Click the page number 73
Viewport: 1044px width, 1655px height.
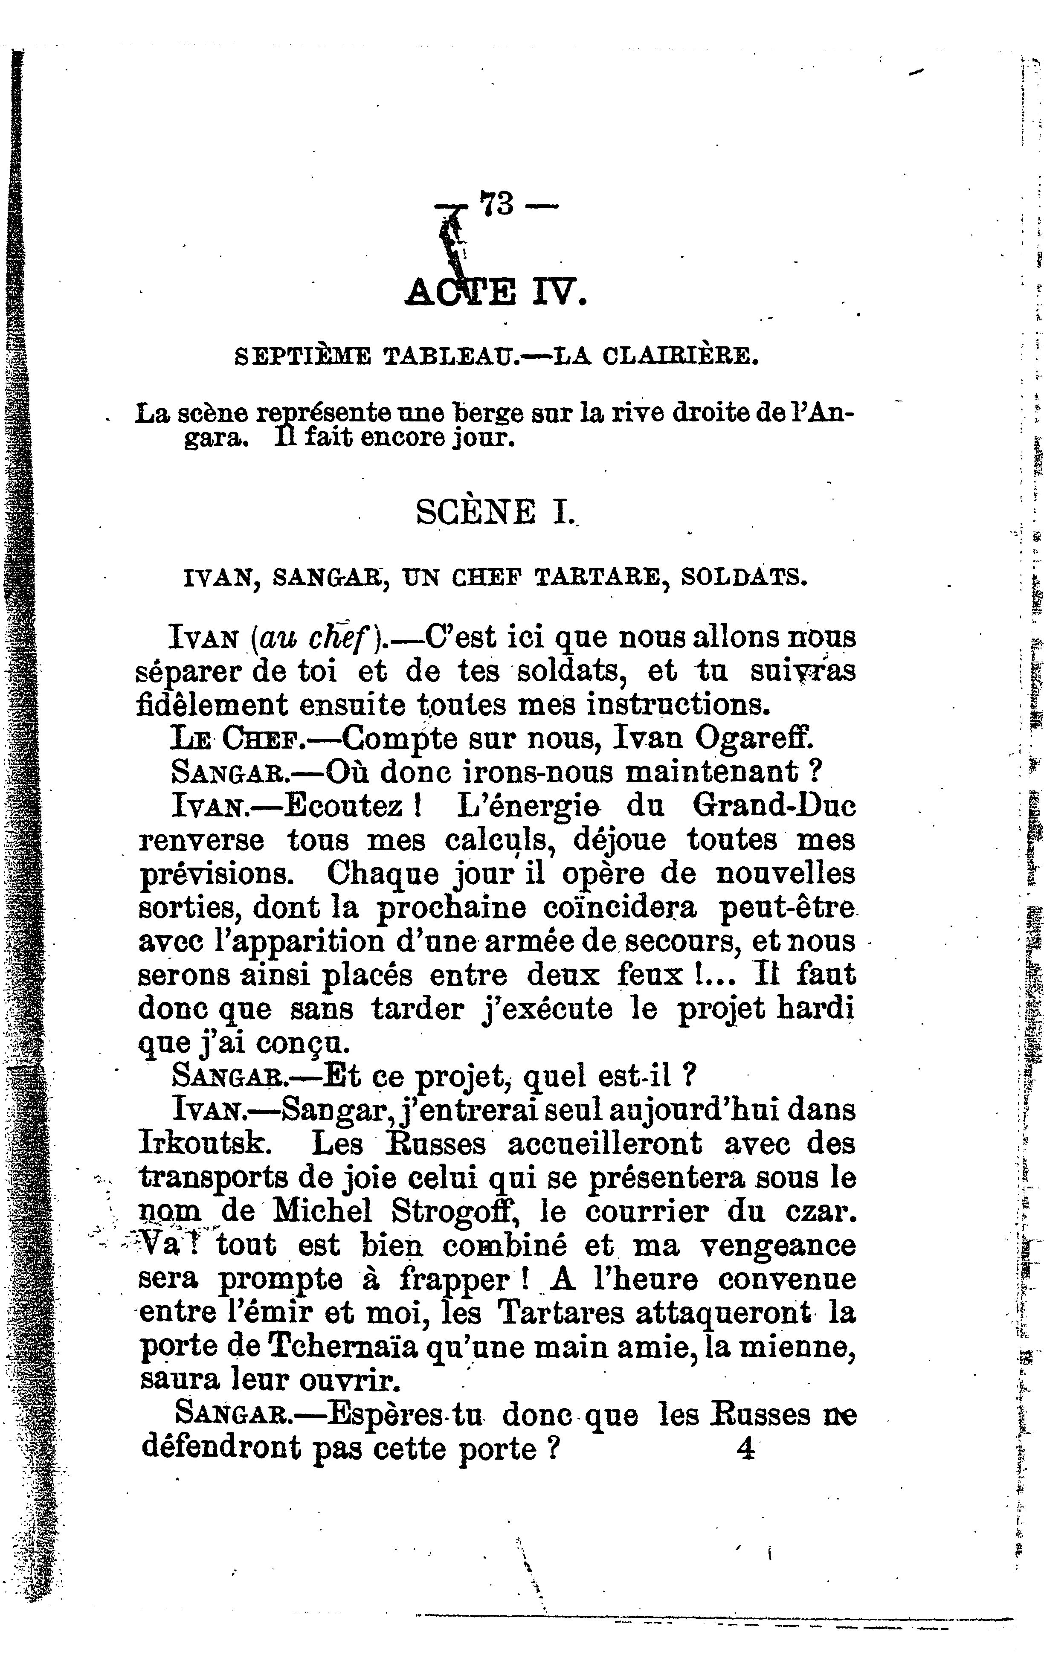click(496, 203)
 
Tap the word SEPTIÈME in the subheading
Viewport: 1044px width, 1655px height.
click(303, 356)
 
